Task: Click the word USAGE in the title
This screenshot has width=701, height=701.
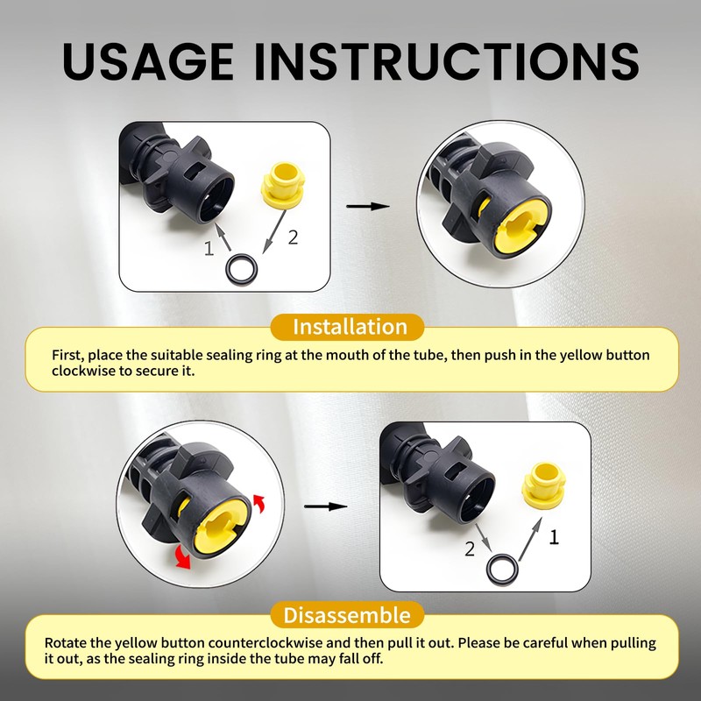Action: pos(148,61)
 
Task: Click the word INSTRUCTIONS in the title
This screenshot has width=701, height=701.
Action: pos(447,61)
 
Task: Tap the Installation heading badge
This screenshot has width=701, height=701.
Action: pos(347,327)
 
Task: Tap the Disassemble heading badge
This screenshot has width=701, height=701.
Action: pos(347,615)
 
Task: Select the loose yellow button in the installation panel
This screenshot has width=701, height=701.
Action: pos(283,186)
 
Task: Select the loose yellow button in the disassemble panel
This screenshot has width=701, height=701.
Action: pos(544,486)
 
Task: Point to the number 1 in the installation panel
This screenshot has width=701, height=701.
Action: pos(209,249)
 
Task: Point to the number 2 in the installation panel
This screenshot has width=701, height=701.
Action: pos(293,237)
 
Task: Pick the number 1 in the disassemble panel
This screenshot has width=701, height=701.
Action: pos(554,537)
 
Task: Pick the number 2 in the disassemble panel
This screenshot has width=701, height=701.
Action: pos(470,549)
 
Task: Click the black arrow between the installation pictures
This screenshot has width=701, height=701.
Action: pos(368,206)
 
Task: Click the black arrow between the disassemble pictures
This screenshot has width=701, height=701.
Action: pos(325,506)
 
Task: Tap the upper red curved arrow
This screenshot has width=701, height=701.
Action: pos(258,503)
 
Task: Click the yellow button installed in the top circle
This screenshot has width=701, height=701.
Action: pos(521,225)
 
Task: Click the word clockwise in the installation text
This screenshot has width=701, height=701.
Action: pos(83,371)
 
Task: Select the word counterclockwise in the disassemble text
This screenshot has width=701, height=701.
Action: pos(266,643)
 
